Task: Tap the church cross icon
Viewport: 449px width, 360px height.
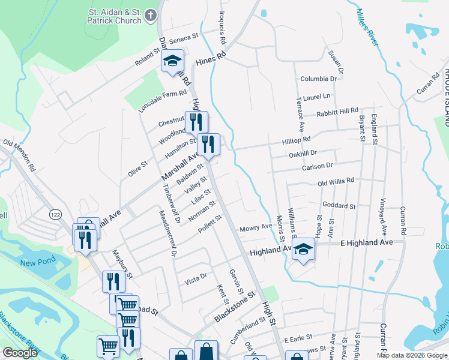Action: coord(151,14)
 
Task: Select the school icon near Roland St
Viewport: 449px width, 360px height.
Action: coord(172,61)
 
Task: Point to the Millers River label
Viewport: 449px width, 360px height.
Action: coord(367,27)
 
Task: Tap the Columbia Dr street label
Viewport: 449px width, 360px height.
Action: coord(319,79)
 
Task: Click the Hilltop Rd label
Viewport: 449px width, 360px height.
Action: coord(297,139)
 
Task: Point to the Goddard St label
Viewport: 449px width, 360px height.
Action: coord(340,205)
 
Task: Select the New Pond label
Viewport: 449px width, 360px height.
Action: coord(37,262)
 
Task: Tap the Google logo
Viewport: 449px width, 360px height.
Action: coord(20,353)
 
